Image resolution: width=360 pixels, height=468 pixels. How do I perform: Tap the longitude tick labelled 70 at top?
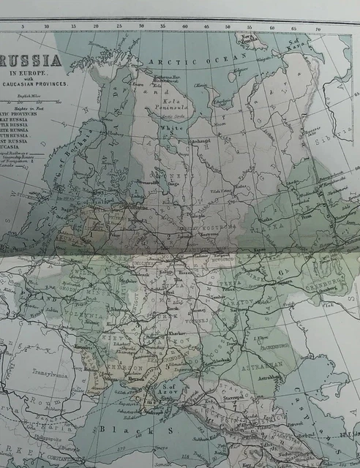[318, 29]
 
